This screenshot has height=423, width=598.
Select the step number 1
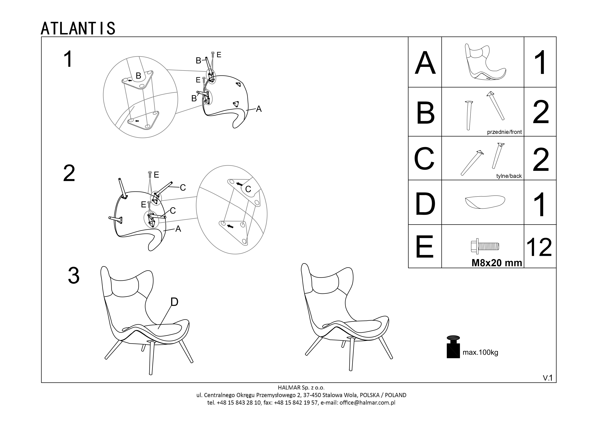tap(68, 59)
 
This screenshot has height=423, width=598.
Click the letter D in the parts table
tap(425, 204)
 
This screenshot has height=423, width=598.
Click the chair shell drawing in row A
tap(485, 62)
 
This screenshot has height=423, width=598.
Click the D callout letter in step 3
tap(174, 302)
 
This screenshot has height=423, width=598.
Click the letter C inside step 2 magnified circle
tap(248, 189)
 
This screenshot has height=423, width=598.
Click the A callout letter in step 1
tap(259, 109)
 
